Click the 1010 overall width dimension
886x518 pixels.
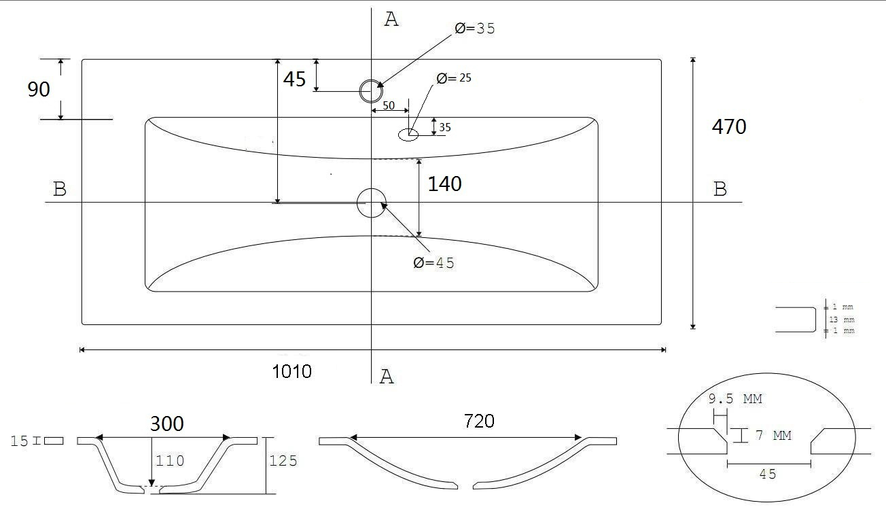292,371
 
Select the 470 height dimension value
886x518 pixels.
728,126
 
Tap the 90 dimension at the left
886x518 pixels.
39,89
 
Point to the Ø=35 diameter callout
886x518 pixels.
475,29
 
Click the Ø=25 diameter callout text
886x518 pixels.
454,78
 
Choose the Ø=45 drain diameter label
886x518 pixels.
433,263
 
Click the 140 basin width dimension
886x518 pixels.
444,184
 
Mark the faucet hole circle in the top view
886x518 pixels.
372,90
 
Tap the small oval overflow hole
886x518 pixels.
408,135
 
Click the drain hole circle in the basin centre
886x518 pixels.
372,203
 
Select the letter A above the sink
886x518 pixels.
391,20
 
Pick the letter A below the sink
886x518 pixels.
387,377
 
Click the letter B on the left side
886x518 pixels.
60,189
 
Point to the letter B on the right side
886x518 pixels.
720,189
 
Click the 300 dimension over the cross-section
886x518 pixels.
166,424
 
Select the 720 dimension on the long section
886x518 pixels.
478,421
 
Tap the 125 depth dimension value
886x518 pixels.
283,461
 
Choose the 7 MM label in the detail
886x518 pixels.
773,436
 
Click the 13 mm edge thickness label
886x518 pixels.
838,320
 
